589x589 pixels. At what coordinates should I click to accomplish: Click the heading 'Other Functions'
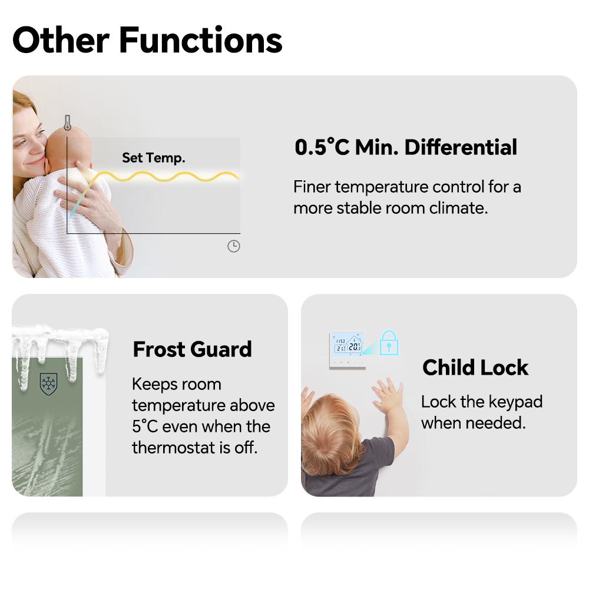147,40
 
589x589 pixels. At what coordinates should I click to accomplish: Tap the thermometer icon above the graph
67,123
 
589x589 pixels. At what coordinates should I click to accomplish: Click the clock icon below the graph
234,246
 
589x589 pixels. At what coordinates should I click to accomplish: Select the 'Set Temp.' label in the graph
154,158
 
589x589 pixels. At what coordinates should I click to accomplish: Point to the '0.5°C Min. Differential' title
406,147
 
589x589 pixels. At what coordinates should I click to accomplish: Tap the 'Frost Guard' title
193,349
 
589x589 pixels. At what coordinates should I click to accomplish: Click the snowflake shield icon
48,384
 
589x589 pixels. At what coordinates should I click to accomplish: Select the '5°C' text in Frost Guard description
145,426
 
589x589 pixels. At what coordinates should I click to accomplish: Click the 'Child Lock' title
475,368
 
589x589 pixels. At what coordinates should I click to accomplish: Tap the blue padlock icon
389,343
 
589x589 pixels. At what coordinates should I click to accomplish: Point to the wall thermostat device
348,349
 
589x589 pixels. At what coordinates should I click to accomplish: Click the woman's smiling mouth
36,161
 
